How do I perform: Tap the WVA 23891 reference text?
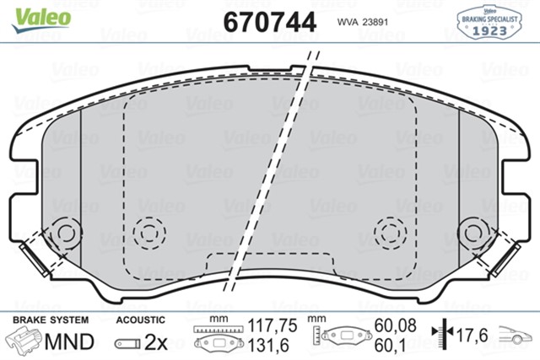pos(362,23)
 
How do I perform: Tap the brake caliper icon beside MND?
pos(24,341)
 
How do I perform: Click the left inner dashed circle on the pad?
pos(149,230)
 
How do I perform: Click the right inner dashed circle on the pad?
pos(390,230)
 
